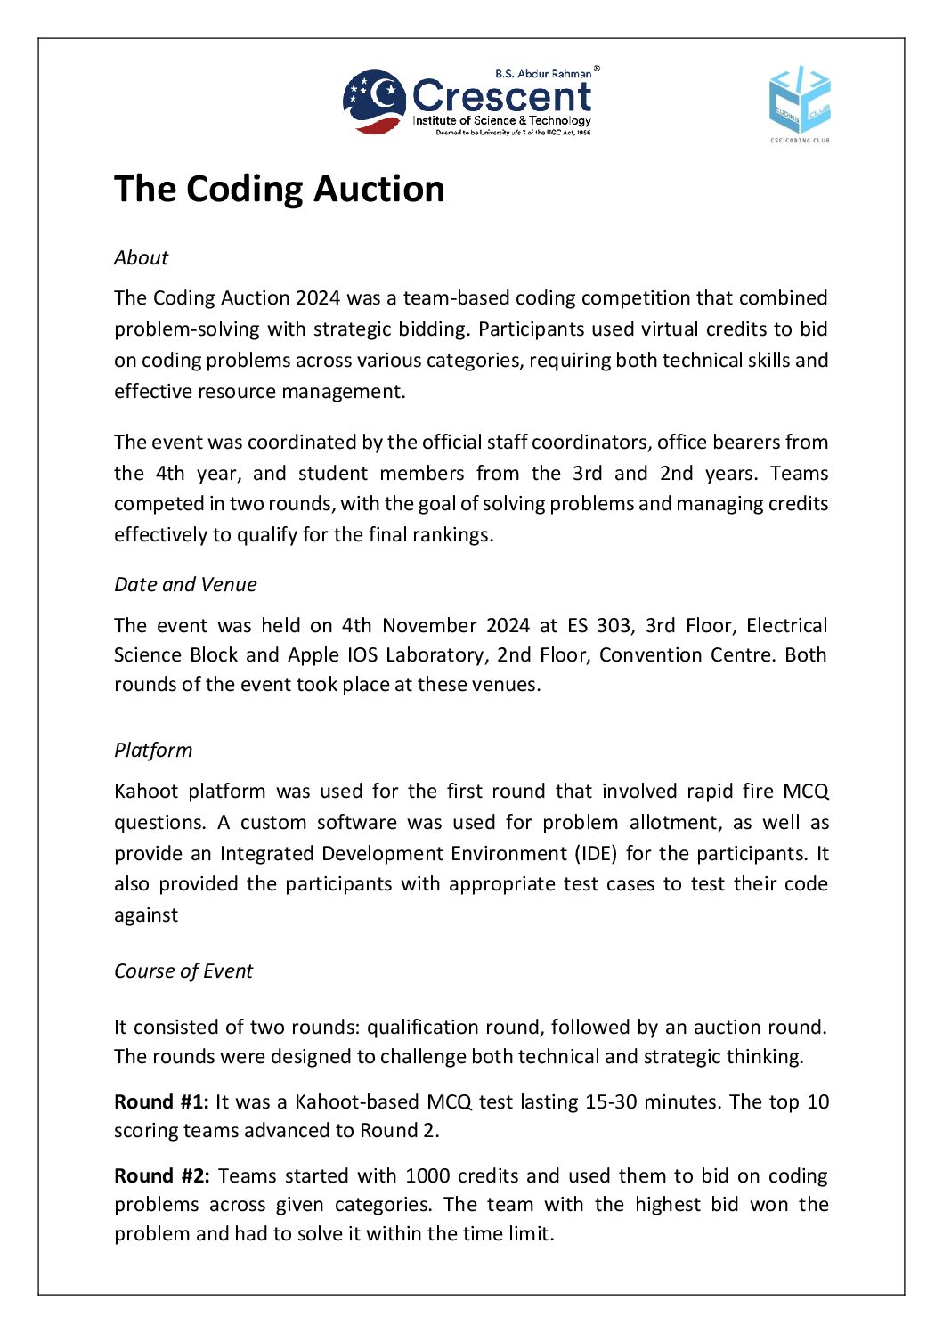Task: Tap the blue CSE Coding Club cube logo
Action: [800, 101]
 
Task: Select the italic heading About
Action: [141, 258]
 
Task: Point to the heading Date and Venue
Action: [185, 585]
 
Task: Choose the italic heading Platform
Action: [153, 751]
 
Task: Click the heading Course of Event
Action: [183, 971]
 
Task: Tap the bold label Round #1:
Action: [161, 1102]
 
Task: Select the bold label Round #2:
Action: [161, 1176]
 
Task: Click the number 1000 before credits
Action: [427, 1176]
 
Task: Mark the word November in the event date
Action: [429, 626]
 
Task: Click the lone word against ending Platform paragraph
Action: [146, 915]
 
